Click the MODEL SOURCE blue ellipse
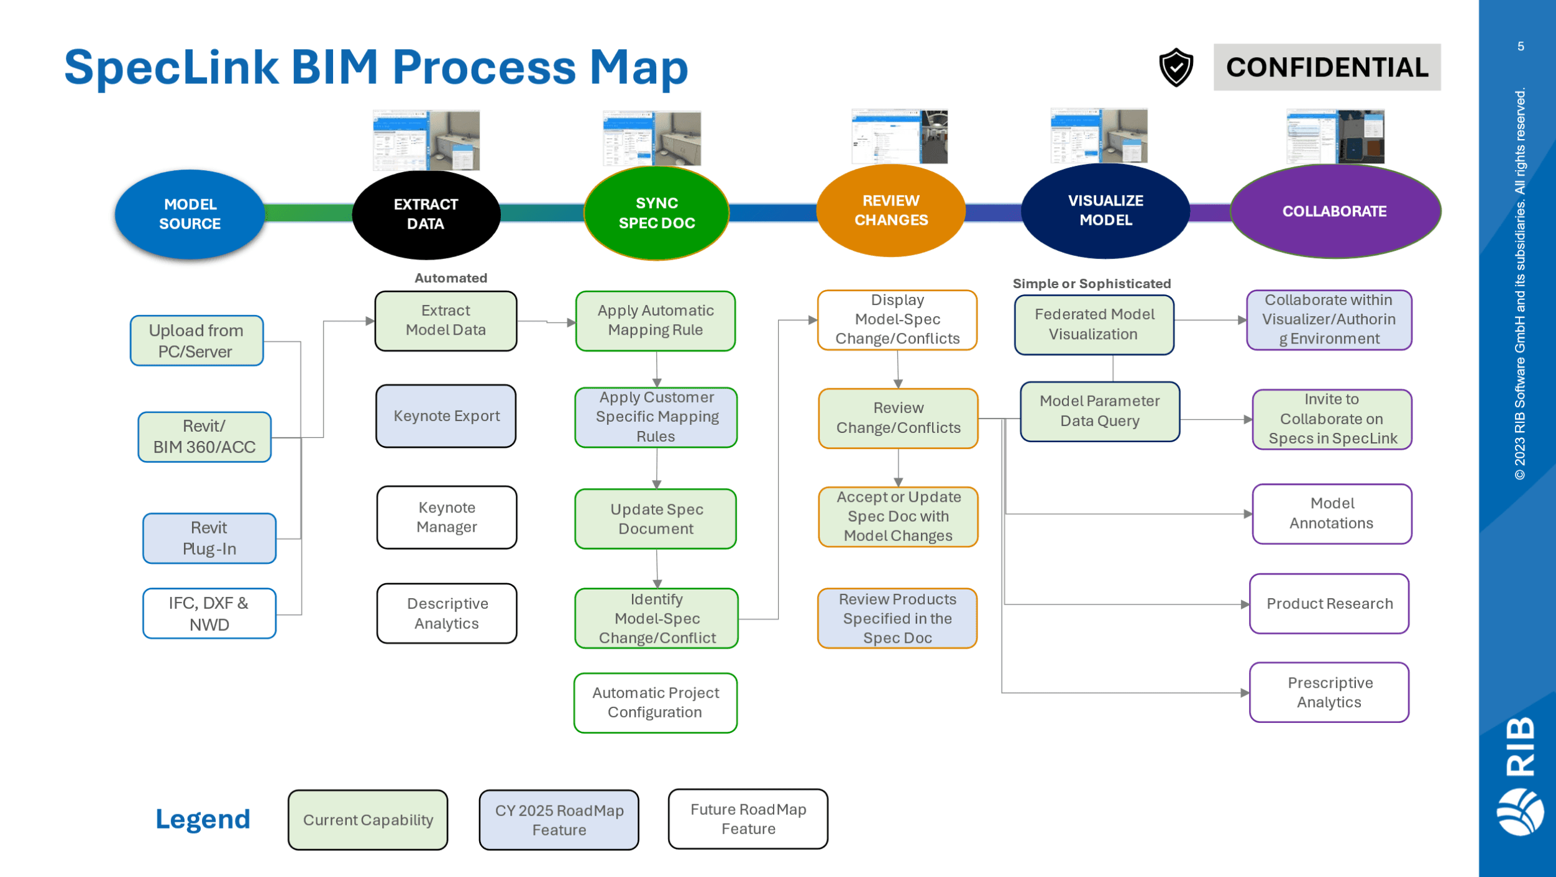pos(190,214)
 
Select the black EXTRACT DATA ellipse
pos(426,214)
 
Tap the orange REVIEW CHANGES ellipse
pos(891,211)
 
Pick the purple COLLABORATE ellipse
pos(1335,211)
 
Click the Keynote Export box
pos(446,416)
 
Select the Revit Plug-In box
pos(209,538)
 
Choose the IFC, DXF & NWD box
pos(209,614)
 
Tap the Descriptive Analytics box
pos(447,614)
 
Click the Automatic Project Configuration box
pos(656,703)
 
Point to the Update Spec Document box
pos(656,519)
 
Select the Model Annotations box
pos(1332,514)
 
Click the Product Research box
pos(1329,604)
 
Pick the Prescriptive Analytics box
pos(1329,693)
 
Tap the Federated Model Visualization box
pos(1094,324)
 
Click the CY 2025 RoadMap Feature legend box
pos(559,820)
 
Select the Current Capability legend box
pos(368,820)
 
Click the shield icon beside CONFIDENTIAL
pos(1176,68)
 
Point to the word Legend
pos(203,819)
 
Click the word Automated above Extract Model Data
pos(451,278)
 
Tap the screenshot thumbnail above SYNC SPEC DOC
pos(652,139)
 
